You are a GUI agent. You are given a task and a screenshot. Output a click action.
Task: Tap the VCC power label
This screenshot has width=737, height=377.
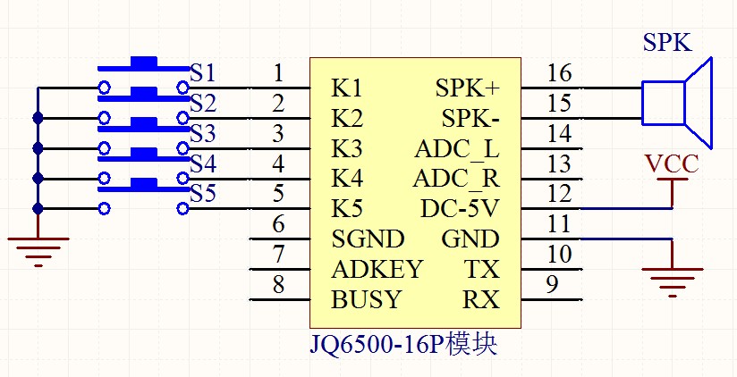[x=671, y=164]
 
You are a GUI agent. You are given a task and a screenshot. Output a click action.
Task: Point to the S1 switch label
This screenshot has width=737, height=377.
[x=202, y=73]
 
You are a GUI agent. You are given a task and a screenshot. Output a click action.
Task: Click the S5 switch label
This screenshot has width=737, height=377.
[x=202, y=194]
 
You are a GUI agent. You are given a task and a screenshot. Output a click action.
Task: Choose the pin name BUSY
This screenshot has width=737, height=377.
[x=366, y=299]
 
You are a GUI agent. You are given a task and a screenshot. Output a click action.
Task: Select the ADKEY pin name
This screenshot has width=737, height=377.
[x=377, y=269]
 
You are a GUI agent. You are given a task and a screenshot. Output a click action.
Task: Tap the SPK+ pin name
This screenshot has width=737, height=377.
[x=467, y=88]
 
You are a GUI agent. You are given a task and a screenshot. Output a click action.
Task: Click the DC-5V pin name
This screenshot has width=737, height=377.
[x=459, y=209]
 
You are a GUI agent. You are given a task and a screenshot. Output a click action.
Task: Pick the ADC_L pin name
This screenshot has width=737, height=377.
[x=456, y=150]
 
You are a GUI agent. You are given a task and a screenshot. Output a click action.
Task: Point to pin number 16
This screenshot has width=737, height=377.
[x=559, y=73]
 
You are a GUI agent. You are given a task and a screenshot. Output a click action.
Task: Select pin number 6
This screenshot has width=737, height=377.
[x=279, y=224]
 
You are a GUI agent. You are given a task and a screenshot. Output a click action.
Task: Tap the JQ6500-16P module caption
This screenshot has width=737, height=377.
[x=403, y=345]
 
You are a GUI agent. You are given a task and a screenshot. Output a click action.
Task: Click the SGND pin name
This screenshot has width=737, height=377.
[x=368, y=239]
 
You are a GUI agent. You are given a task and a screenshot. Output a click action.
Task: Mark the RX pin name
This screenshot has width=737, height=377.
[x=481, y=299]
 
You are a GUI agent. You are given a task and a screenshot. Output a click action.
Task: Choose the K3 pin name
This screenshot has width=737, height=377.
[x=347, y=150]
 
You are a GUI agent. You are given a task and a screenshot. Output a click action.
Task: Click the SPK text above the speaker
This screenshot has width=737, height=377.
[x=667, y=43]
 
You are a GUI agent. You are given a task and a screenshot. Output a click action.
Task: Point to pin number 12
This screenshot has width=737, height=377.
[x=559, y=194]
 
